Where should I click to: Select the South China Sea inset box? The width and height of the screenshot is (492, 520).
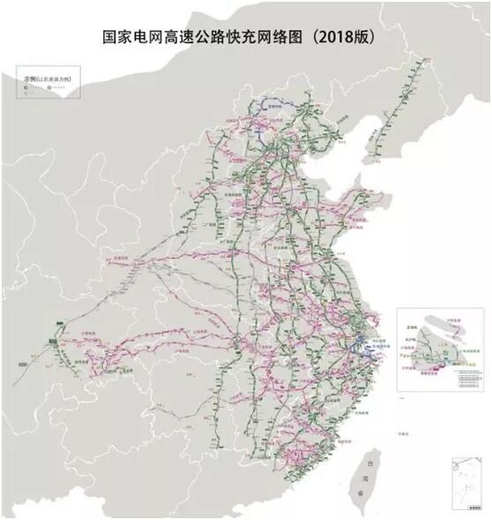466,481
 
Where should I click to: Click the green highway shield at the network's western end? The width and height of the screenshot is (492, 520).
54,334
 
